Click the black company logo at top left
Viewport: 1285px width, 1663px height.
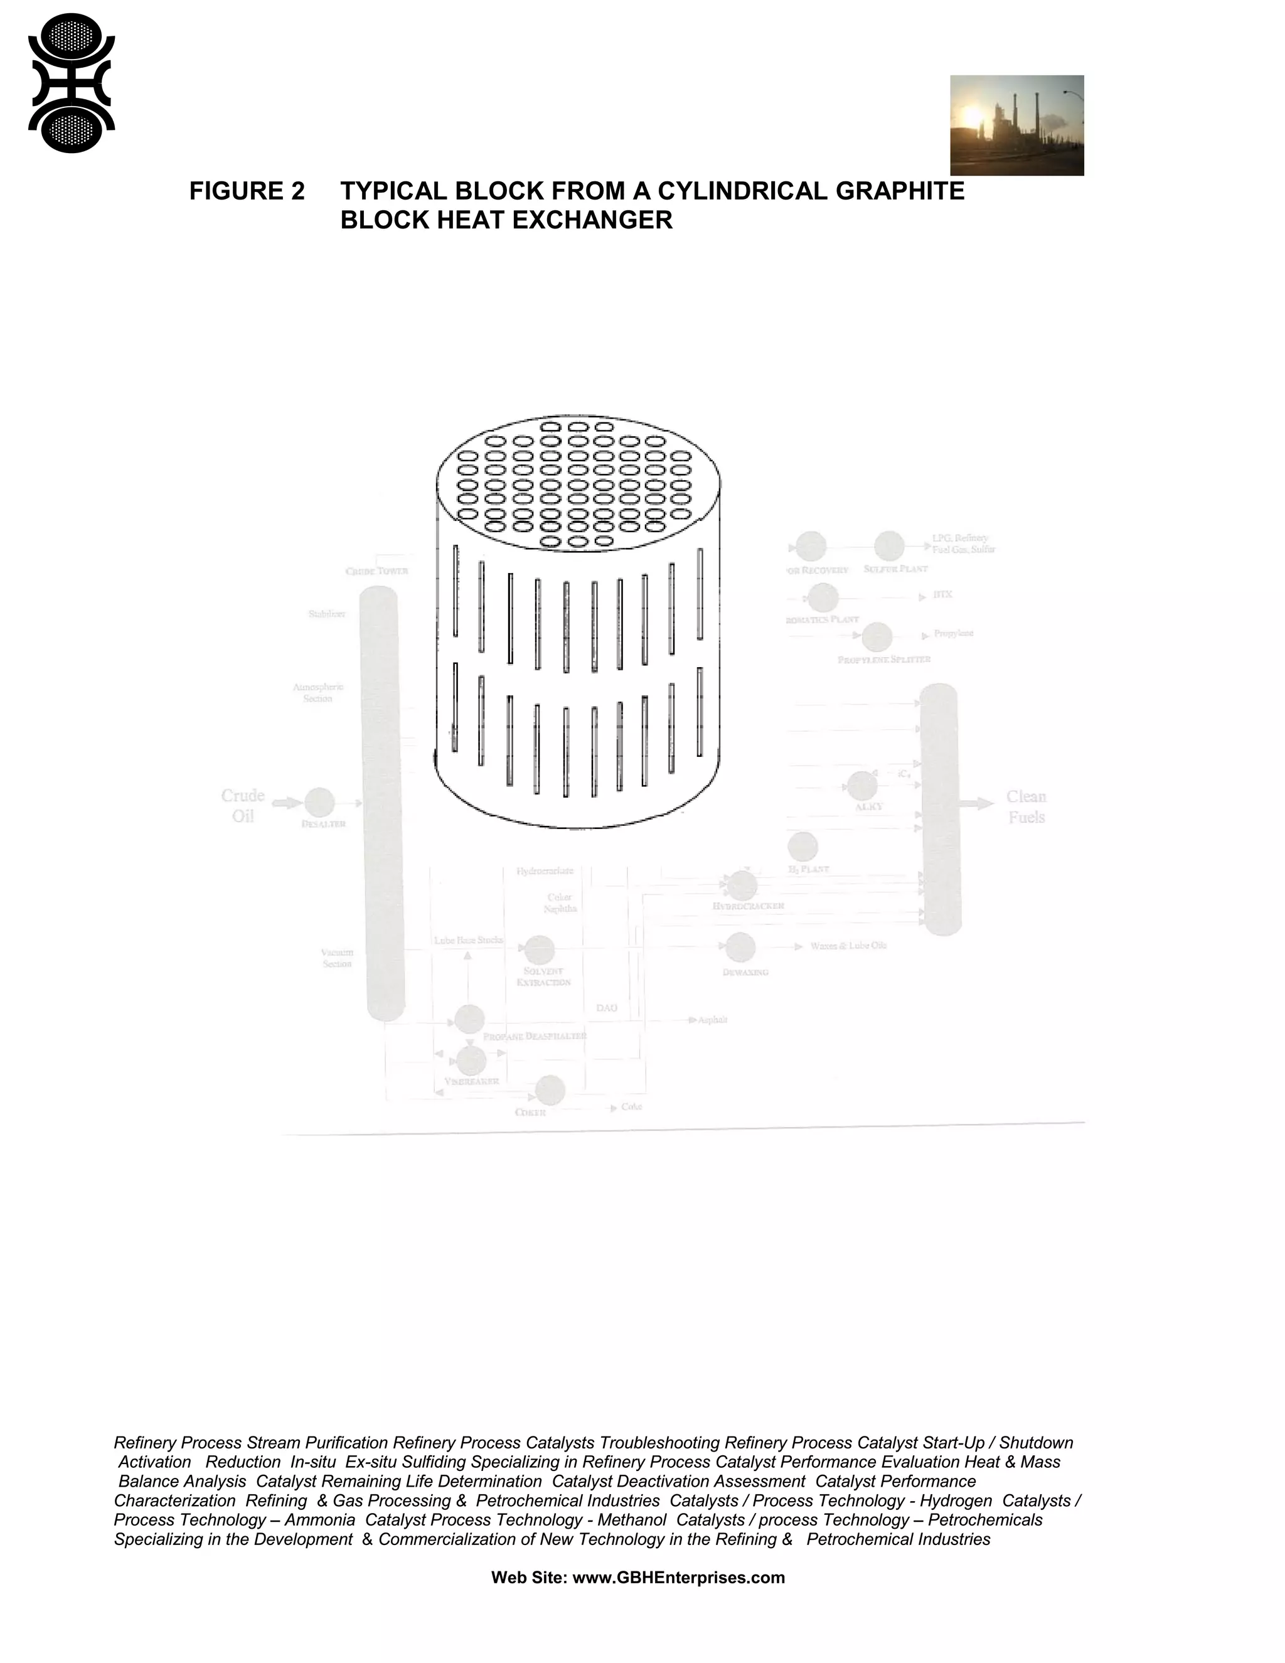(71, 83)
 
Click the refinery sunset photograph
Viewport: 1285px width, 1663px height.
(1016, 125)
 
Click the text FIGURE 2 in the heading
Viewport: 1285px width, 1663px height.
(247, 191)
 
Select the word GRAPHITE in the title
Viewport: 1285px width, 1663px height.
(900, 191)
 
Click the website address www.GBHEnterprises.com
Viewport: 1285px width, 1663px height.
(678, 1577)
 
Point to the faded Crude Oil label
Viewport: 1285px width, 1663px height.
(243, 806)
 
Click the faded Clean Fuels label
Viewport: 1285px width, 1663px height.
(1026, 807)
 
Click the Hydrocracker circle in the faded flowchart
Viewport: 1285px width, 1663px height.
(742, 885)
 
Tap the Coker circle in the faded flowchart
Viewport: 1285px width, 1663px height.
(550, 1091)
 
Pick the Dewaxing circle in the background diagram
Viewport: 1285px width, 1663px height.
(739, 947)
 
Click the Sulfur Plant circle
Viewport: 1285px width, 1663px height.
(888, 546)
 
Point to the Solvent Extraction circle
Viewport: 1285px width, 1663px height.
(539, 949)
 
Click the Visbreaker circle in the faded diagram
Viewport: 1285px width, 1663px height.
(471, 1060)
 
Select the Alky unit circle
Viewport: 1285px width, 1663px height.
(861, 786)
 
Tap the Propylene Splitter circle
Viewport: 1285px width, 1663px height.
(877, 636)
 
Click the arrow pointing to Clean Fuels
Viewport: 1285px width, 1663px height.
(977, 803)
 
